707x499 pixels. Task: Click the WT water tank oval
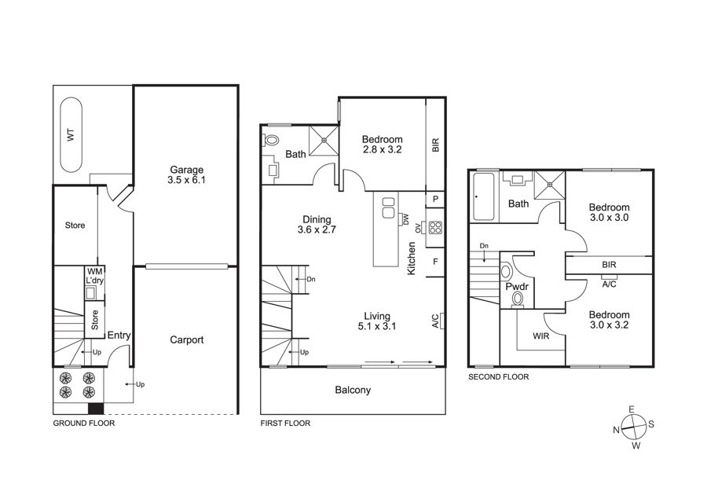(71, 135)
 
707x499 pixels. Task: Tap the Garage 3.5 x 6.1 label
(187, 175)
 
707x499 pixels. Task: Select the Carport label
(187, 339)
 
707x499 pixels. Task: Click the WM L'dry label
(95, 276)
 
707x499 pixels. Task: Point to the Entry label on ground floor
(119, 336)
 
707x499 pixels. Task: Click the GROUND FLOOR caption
(84, 424)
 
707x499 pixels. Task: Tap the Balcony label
(353, 390)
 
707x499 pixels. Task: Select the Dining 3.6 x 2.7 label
(317, 224)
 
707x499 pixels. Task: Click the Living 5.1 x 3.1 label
(377, 321)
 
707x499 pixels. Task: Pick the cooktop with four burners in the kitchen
(435, 227)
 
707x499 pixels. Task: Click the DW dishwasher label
(405, 219)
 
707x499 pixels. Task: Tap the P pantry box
(435, 199)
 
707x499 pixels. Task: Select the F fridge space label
(435, 262)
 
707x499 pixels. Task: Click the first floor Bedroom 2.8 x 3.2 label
(383, 145)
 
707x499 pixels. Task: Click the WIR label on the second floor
(541, 336)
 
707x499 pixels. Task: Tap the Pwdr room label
(517, 287)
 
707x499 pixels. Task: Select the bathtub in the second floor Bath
(484, 196)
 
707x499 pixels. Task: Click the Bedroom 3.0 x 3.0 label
(609, 212)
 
